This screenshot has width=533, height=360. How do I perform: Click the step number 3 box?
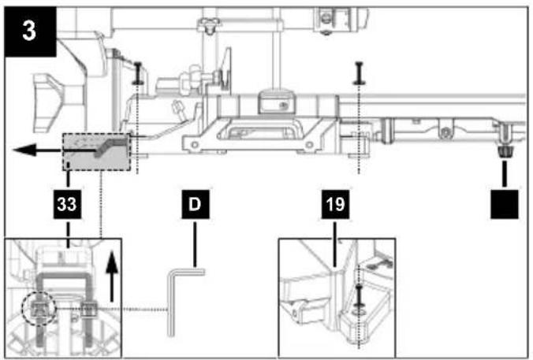pos(30,32)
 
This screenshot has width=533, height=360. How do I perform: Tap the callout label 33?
pos(67,204)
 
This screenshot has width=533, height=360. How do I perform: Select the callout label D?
pos(195,204)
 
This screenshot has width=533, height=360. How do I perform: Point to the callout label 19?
pos(335,204)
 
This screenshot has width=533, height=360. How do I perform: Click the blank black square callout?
pos(505,204)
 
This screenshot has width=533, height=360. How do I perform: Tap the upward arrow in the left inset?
pos(111,276)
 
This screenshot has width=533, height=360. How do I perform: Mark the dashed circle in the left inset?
pos(39,309)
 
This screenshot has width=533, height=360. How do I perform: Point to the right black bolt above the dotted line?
pos(359,72)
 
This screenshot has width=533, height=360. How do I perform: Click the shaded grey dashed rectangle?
pos(96,152)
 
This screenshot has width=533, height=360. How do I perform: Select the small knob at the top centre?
pos(210,25)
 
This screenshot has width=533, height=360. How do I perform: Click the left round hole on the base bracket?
pos(195,145)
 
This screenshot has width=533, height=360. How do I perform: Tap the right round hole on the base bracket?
pos(309,145)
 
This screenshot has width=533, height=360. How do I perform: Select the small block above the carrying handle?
pos(274,102)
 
